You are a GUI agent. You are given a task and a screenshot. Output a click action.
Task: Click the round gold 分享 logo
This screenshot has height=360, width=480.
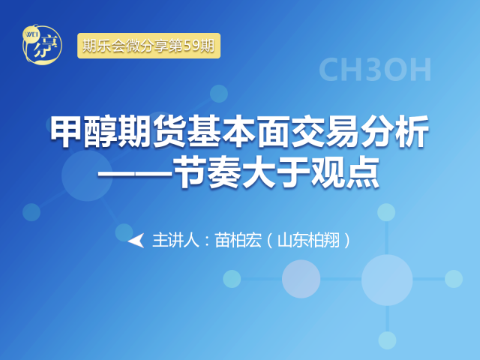[x=42, y=44]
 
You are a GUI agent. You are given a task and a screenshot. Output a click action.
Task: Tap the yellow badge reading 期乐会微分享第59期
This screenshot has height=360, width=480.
[x=148, y=46]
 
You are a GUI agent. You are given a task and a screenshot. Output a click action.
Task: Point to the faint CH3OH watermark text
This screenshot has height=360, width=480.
[x=375, y=70]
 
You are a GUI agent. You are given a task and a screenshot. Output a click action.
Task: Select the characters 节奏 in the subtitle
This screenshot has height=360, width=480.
[x=207, y=172]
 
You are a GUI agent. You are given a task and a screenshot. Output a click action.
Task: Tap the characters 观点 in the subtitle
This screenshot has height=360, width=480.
[x=345, y=172]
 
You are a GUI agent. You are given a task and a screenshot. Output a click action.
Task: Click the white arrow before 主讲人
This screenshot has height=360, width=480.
[x=136, y=240]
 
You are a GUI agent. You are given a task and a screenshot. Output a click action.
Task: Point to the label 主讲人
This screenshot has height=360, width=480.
[x=175, y=240]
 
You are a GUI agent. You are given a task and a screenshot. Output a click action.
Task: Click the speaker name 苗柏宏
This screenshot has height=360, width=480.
[x=238, y=240]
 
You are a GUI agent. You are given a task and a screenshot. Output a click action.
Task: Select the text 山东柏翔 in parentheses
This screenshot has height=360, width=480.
[x=308, y=240]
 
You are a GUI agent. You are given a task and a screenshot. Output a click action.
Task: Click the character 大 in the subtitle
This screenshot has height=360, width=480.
[x=259, y=172]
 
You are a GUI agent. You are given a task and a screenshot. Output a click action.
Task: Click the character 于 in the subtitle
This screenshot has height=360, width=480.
[x=293, y=172]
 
